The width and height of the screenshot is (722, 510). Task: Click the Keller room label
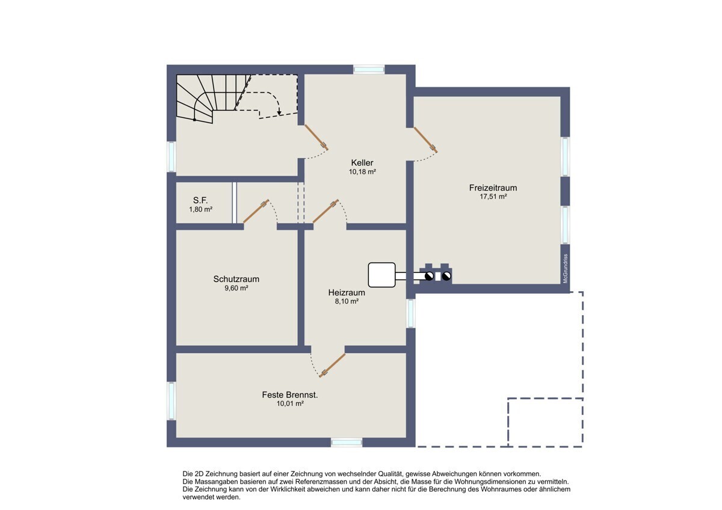(362, 163)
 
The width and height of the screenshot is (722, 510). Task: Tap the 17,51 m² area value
(493, 197)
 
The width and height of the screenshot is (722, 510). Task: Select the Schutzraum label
(236, 279)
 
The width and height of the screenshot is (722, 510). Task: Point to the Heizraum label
(347, 292)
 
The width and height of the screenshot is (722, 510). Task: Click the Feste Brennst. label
(290, 395)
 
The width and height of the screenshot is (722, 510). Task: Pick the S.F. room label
(200, 200)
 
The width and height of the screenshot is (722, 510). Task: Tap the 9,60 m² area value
(236, 288)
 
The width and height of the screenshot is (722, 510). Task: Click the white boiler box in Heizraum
(381, 275)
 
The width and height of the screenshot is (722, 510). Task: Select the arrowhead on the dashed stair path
(279, 112)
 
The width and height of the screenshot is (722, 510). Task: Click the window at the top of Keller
(369, 69)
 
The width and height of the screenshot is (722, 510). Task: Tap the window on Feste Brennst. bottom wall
(347, 443)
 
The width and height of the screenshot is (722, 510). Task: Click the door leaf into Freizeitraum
(425, 140)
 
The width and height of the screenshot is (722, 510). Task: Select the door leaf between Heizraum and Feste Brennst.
(332, 365)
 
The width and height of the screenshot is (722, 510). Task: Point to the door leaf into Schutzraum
(256, 211)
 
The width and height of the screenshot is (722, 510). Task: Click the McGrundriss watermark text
(565, 269)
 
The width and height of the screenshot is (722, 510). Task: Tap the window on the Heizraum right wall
(410, 313)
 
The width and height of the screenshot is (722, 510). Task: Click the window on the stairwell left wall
(171, 157)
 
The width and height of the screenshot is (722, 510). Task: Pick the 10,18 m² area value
(362, 172)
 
